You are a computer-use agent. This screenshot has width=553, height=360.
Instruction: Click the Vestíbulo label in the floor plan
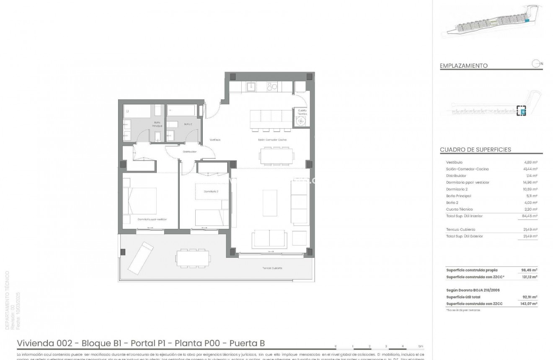(215, 140)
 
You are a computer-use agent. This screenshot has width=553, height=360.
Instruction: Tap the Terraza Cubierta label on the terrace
(272, 268)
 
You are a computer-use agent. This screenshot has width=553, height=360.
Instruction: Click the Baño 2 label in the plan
(188, 124)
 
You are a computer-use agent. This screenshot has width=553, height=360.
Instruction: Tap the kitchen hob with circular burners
(272, 87)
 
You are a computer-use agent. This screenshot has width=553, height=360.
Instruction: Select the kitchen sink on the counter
(252, 87)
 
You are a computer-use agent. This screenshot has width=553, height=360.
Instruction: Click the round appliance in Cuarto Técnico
(301, 122)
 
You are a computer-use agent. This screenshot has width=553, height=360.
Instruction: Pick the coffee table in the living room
(269, 203)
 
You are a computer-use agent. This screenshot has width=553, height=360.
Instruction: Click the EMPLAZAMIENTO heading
(463, 66)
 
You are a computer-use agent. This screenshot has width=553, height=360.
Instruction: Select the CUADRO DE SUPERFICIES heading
(475, 150)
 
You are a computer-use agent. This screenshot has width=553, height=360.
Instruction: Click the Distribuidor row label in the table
(456, 176)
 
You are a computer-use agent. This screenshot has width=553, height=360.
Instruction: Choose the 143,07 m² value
(528, 303)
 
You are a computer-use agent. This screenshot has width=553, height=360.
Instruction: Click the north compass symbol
(535, 64)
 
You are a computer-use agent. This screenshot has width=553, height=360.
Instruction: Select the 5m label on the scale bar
(421, 346)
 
